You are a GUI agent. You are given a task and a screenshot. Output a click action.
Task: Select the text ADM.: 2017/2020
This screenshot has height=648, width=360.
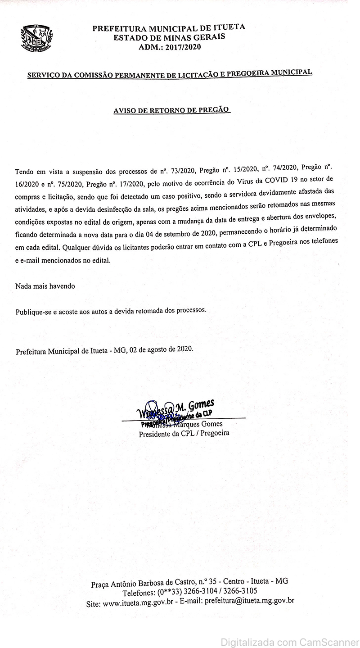[x=170, y=46]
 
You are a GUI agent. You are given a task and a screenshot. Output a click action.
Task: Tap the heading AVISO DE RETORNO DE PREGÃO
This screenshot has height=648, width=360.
[x=171, y=110]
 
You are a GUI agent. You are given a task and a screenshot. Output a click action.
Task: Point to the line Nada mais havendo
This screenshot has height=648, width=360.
[x=45, y=286]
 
